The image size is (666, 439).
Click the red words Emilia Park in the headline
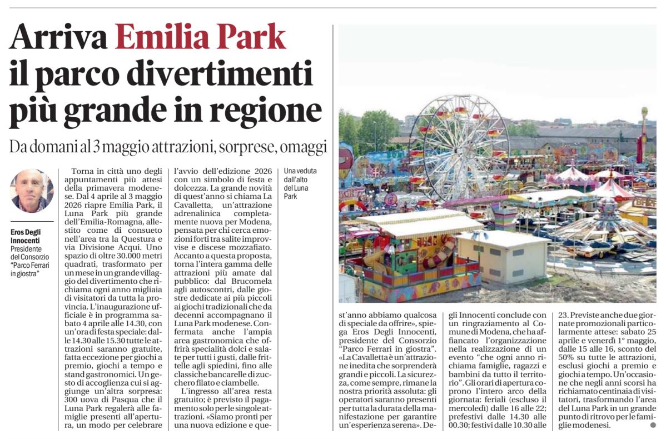click(x=200, y=38)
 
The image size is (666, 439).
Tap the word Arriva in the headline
click(x=58, y=38)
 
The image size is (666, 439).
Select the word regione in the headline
click(x=267, y=109)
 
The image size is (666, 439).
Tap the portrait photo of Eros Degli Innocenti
click(x=32, y=191)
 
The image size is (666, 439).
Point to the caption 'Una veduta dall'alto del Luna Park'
click(x=300, y=183)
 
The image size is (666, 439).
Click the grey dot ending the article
click(x=653, y=425)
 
